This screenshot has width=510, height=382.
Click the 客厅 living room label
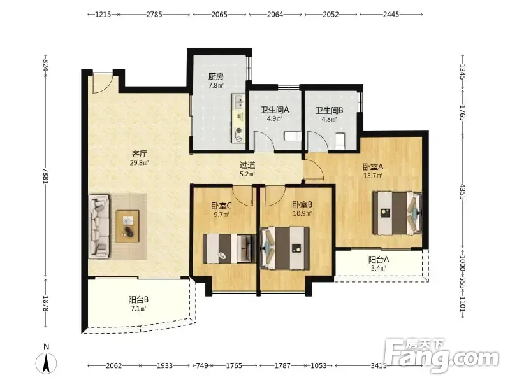[x=140, y=153]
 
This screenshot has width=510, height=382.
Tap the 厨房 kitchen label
[x=215, y=76]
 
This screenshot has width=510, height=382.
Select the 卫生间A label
[x=275, y=110]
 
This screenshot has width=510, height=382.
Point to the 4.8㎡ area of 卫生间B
[x=329, y=119]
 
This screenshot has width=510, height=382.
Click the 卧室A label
[x=373, y=167]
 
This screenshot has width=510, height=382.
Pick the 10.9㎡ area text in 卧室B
[x=302, y=213]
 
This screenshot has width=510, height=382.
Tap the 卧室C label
[x=221, y=206]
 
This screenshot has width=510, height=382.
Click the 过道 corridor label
[x=247, y=165]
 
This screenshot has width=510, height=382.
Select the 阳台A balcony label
[x=378, y=260]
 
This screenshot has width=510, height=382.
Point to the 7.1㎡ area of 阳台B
[x=138, y=308]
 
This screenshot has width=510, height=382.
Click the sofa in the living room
[x=99, y=227]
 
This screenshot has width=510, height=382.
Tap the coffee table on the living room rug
[x=127, y=226]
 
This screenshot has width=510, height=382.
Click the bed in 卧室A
[x=397, y=213]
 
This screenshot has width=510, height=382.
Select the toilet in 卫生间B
[x=340, y=141]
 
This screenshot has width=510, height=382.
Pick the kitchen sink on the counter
[x=238, y=101]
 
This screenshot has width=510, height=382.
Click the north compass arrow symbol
[x=46, y=363]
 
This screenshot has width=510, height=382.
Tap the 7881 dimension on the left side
[x=45, y=176]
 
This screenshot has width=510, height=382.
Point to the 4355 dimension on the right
[x=463, y=192]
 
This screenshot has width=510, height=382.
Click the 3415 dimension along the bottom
[x=379, y=365]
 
